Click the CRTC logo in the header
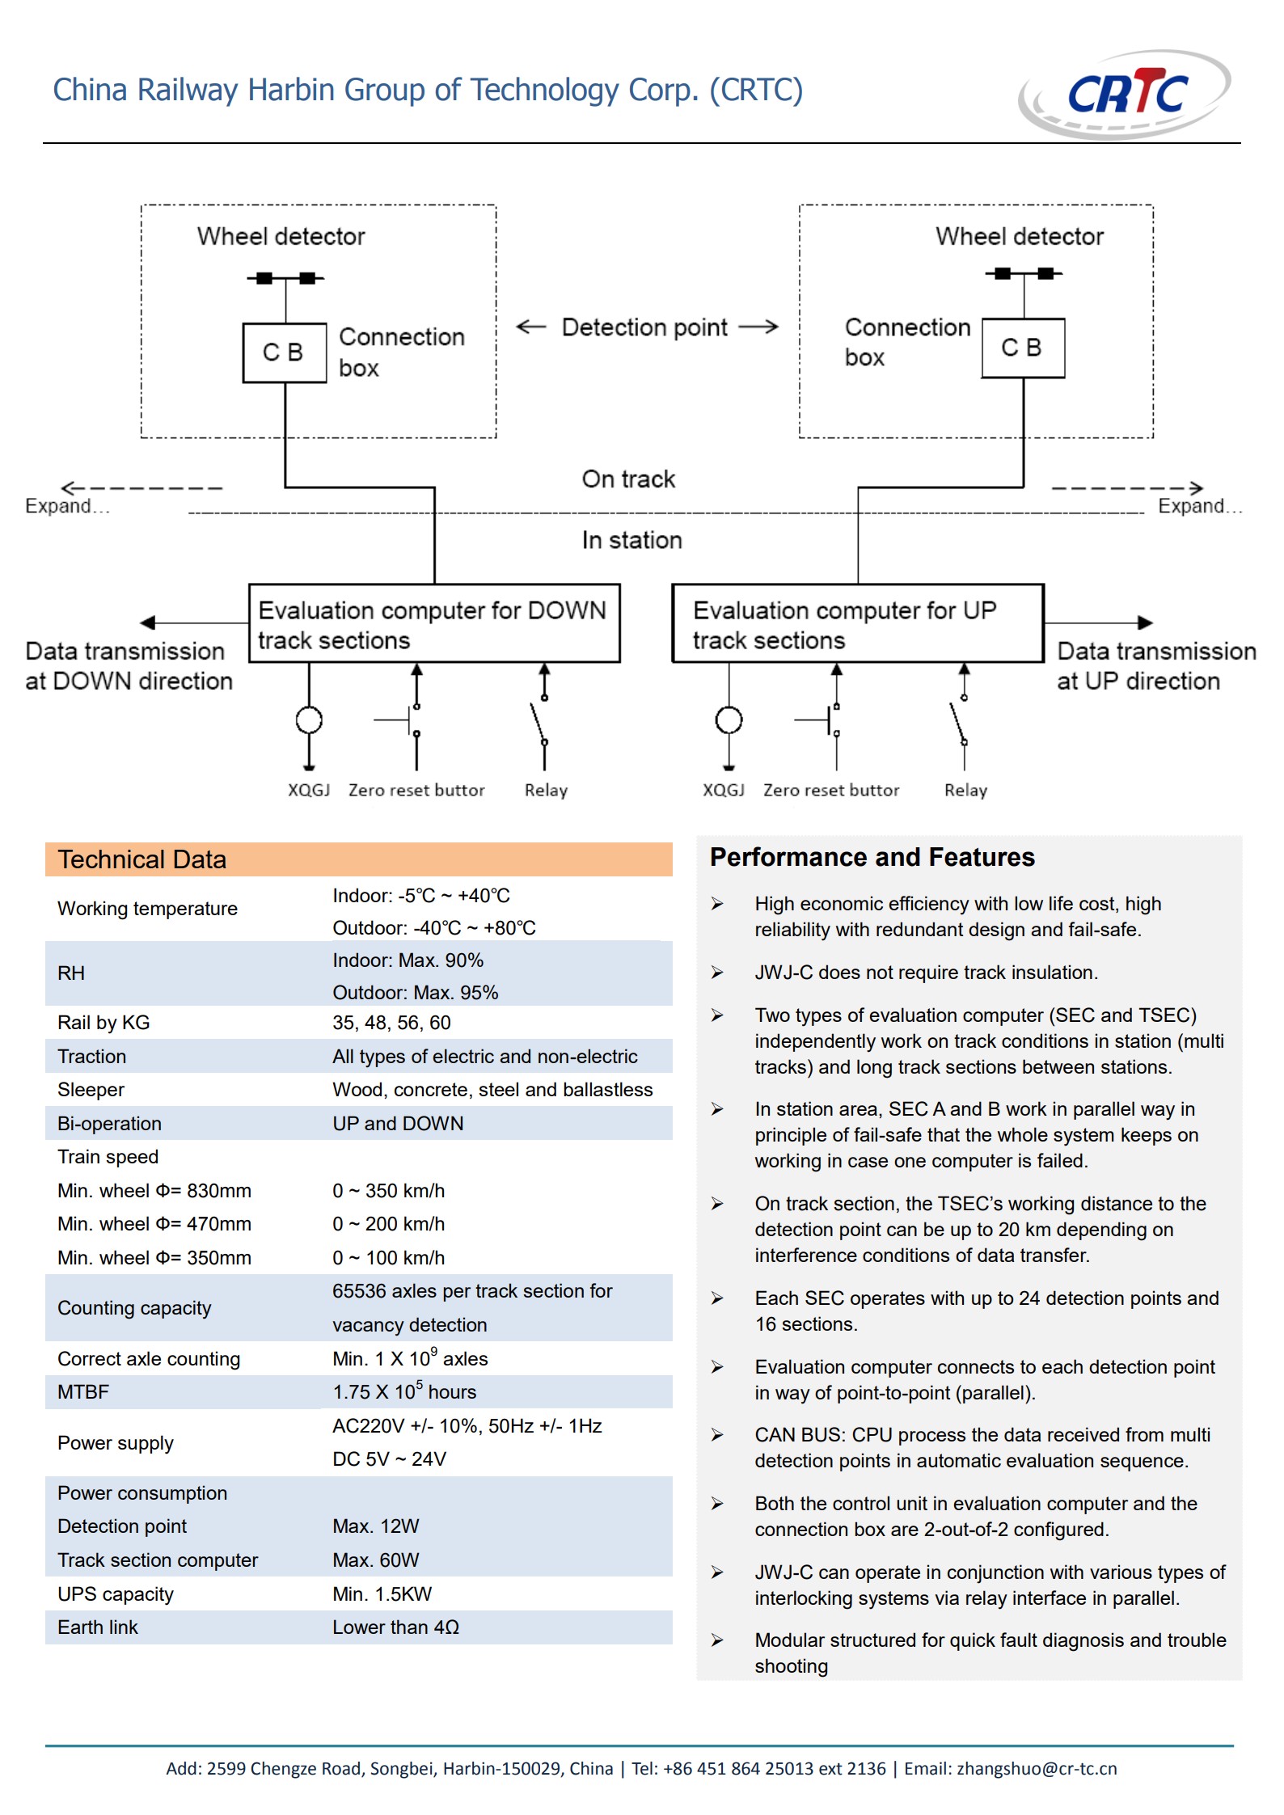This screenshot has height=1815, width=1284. click(x=1125, y=94)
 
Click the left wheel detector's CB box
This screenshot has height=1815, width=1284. click(x=285, y=352)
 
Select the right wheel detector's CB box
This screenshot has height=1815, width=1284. click(x=1023, y=348)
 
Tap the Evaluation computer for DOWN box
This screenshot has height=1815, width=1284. click(x=434, y=623)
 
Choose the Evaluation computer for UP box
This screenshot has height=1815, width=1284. click(x=858, y=623)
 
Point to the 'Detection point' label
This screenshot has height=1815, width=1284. click(x=644, y=327)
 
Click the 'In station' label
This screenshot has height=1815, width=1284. click(x=632, y=540)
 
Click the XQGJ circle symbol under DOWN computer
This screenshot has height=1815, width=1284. click(x=309, y=720)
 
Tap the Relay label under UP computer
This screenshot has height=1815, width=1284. click(x=966, y=790)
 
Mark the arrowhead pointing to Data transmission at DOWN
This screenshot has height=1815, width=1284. click(x=147, y=623)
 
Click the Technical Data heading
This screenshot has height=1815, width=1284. click(x=141, y=859)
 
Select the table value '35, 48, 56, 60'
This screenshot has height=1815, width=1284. click(x=391, y=1023)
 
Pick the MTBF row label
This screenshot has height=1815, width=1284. click(x=83, y=1392)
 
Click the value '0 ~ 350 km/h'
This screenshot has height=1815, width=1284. click(x=388, y=1191)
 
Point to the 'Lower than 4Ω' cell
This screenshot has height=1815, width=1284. click(x=395, y=1627)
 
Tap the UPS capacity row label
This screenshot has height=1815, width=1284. click(x=116, y=1594)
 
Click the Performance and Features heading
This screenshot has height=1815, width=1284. click(x=872, y=857)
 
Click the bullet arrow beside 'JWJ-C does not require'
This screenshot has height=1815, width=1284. click(x=717, y=973)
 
